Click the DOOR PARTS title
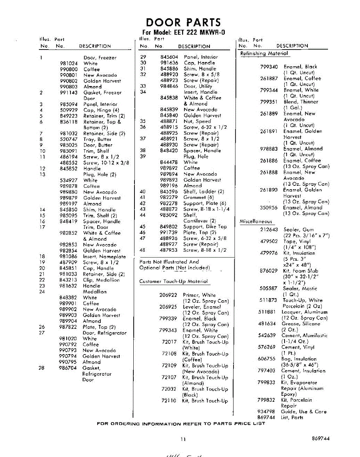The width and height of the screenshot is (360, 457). coord(183,22)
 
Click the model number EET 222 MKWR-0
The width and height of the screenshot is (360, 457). coord(197,33)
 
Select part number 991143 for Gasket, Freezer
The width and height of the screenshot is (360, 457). coord(69,93)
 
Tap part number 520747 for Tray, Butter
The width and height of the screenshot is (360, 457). coord(69,139)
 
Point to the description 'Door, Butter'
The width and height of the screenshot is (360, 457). coord(98,145)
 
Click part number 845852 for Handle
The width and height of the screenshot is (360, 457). coord(69,169)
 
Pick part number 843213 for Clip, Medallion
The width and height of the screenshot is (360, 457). coord(69,280)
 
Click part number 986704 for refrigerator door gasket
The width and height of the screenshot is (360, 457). coord(69,368)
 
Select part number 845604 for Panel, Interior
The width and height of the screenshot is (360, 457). coord(169,57)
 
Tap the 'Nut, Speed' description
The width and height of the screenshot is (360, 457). coord(198,121)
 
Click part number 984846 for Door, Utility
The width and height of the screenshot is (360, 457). coord(169,86)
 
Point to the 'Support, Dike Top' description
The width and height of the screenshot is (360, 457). coord(205,227)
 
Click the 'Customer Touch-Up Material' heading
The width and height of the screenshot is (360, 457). coord(174,281)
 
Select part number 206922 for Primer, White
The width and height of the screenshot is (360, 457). coord(168,295)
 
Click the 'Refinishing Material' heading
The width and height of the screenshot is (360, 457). coord(264,54)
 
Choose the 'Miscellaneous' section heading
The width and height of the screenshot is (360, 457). coord(256,222)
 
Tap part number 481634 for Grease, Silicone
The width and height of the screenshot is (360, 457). coord(267,324)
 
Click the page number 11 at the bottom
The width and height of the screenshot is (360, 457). coord(183,439)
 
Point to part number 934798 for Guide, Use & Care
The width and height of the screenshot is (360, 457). coord(267,412)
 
